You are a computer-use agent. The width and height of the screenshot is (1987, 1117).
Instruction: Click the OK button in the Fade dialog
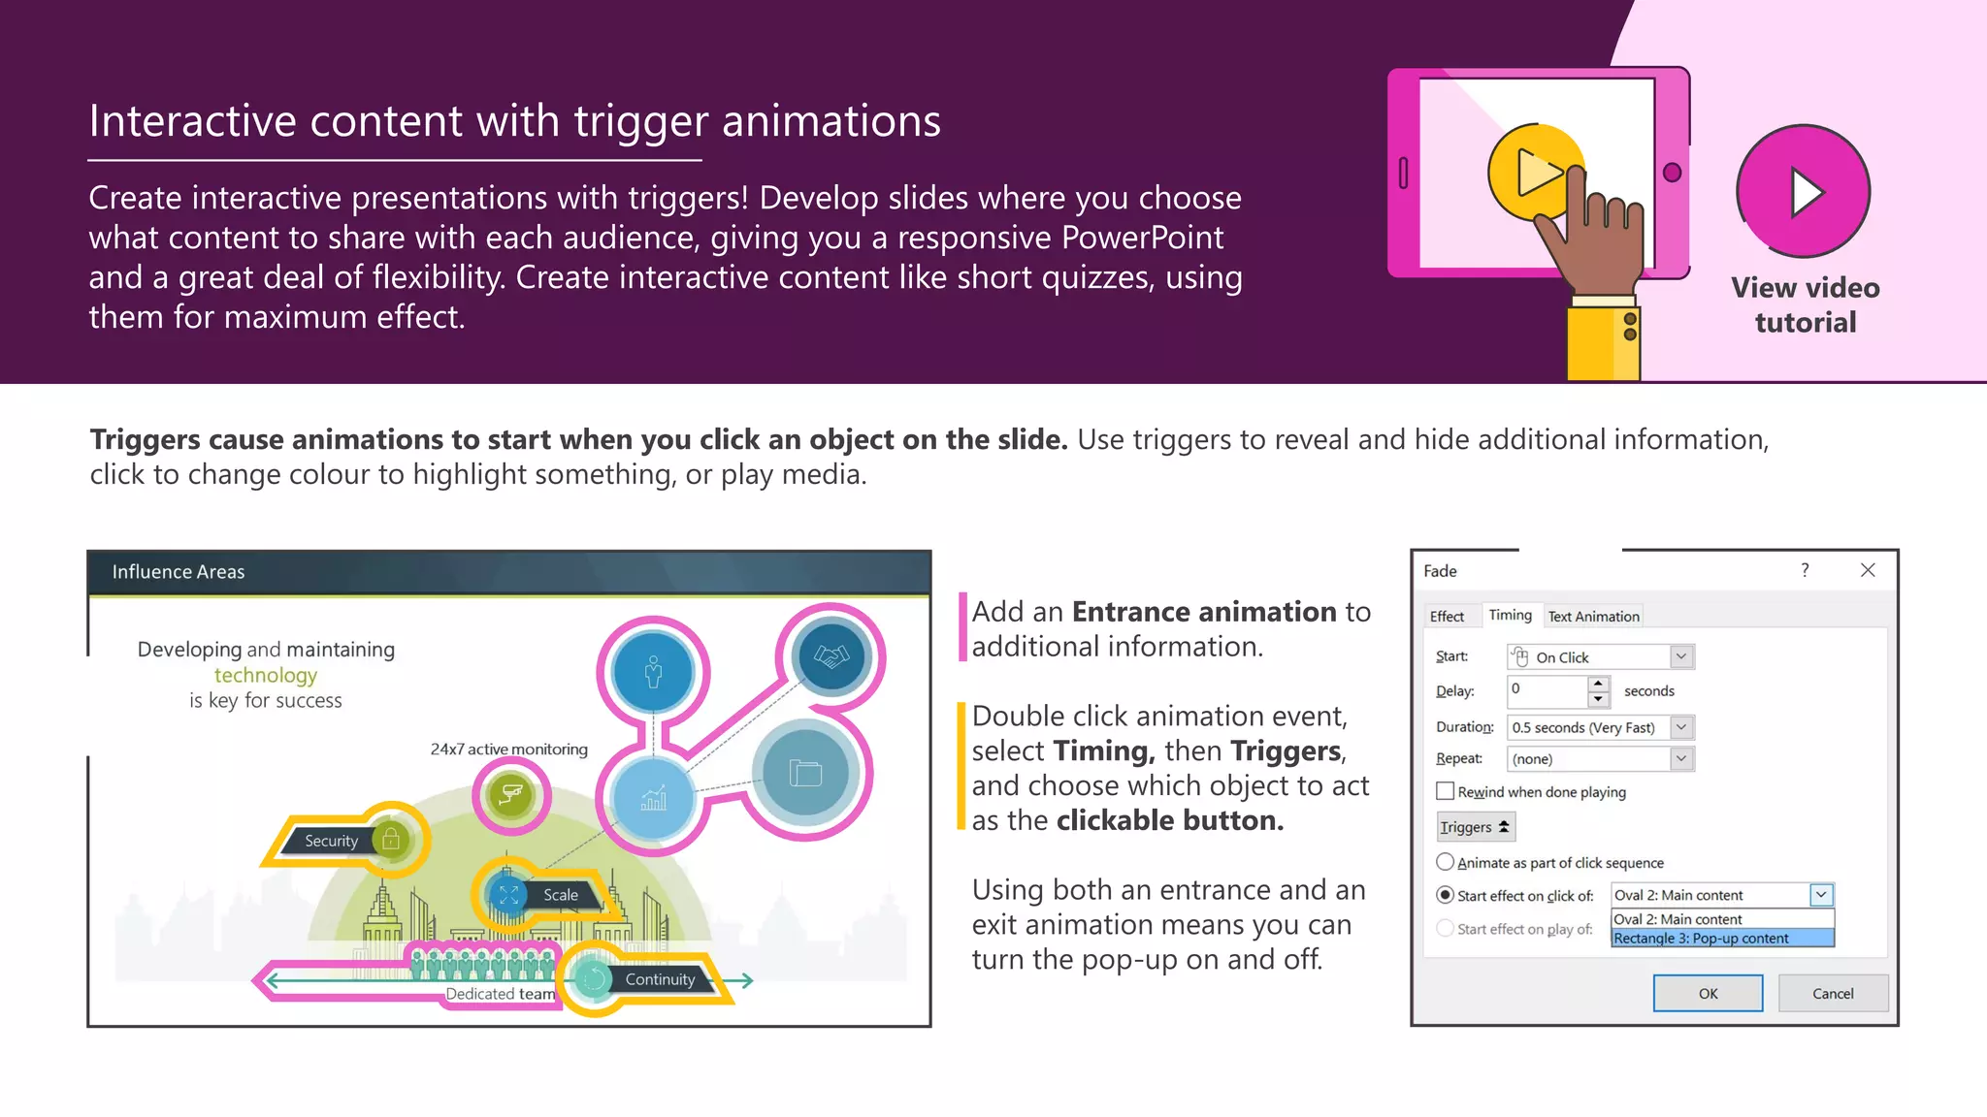(x=1708, y=993)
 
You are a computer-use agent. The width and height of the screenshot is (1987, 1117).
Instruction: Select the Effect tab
(x=1447, y=616)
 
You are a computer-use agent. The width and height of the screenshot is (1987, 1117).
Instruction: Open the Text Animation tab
(x=1593, y=616)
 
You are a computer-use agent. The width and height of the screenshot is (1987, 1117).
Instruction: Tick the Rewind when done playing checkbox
(x=1446, y=791)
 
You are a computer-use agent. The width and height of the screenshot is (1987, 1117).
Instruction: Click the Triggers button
(x=1475, y=827)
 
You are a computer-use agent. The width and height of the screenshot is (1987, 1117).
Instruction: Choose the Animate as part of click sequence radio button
(x=1446, y=862)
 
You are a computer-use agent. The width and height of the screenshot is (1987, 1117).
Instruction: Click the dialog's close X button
(x=1868, y=570)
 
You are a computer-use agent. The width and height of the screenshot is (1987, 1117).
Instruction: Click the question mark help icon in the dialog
(x=1805, y=570)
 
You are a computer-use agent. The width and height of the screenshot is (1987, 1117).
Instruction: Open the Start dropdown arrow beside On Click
(x=1681, y=656)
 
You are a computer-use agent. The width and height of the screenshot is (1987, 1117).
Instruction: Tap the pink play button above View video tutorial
(x=1803, y=191)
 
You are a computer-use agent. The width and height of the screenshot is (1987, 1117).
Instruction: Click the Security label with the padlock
(x=349, y=841)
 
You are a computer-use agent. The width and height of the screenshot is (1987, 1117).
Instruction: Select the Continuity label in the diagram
(x=660, y=979)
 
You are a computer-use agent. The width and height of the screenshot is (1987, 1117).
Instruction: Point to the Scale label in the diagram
(x=560, y=895)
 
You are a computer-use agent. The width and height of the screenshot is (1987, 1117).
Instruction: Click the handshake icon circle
(x=831, y=656)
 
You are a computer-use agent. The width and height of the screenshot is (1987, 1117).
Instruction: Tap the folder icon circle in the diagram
(x=805, y=773)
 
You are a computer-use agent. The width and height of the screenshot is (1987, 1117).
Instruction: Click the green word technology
(x=266, y=675)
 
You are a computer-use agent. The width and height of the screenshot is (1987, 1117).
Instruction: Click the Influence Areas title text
(x=179, y=572)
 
